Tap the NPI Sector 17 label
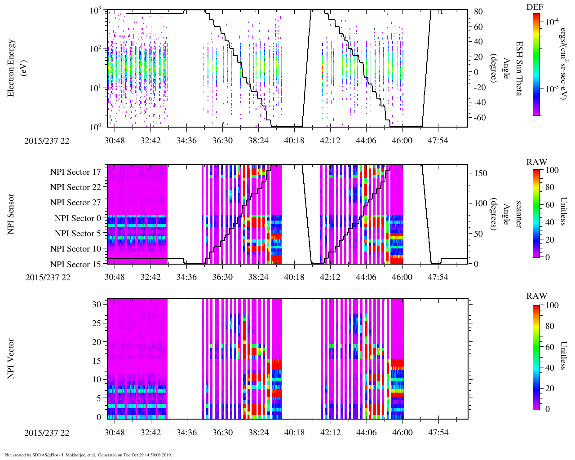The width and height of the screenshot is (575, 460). [75, 172]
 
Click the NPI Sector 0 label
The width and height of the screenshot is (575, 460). [78, 218]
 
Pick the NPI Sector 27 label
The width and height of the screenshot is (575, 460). [75, 203]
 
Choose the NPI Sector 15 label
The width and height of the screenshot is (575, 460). [75, 264]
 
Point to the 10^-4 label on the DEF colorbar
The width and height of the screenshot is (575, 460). [552, 21]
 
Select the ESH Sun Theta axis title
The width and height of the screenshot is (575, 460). [519, 68]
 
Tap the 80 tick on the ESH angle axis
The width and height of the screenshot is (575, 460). [478, 12]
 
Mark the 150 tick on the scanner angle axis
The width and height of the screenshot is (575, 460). [481, 173]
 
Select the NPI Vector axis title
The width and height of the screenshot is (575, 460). [12, 358]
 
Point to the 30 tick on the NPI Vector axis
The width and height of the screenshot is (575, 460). [97, 304]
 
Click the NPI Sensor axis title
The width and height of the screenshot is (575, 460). [12, 214]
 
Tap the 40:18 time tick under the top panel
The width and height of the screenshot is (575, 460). [294, 141]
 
